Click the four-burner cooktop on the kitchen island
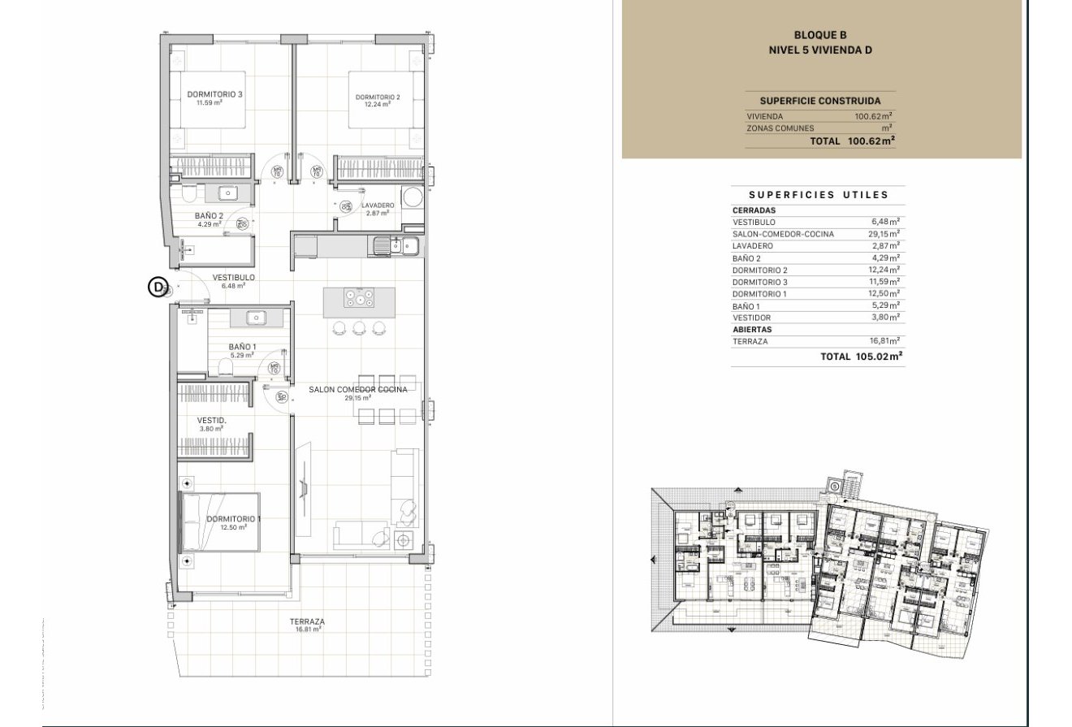click(x=359, y=298)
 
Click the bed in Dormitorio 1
click(x=219, y=522)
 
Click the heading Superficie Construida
click(x=819, y=102)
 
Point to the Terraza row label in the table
click(x=750, y=342)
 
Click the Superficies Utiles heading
click(x=818, y=195)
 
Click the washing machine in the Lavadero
click(x=413, y=198)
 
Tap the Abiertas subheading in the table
click(x=752, y=330)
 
